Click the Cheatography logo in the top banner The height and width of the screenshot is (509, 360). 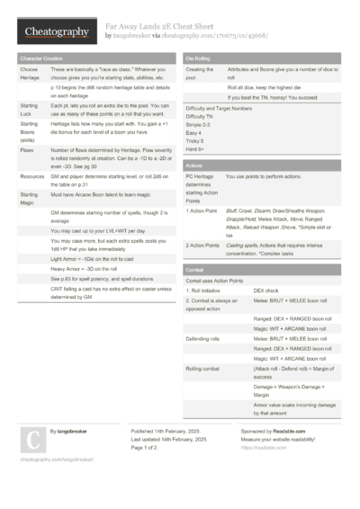[x=55, y=31]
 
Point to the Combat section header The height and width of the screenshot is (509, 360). [x=195, y=269]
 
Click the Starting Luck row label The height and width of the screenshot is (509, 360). [x=29, y=110]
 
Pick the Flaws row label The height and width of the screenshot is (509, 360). [x=28, y=151]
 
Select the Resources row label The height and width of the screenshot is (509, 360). [x=32, y=177]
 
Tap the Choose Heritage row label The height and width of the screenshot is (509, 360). [x=29, y=73]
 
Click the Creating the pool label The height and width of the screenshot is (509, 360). [x=199, y=73]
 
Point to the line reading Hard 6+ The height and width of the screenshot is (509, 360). [x=196, y=148]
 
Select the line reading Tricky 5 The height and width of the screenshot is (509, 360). [x=196, y=140]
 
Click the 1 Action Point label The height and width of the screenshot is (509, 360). [x=202, y=210]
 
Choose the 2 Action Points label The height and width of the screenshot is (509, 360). [x=202, y=244]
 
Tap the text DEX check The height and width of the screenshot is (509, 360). [x=266, y=290]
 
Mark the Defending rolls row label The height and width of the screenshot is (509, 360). [x=202, y=337]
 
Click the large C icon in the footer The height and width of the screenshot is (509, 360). [x=31, y=440]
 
